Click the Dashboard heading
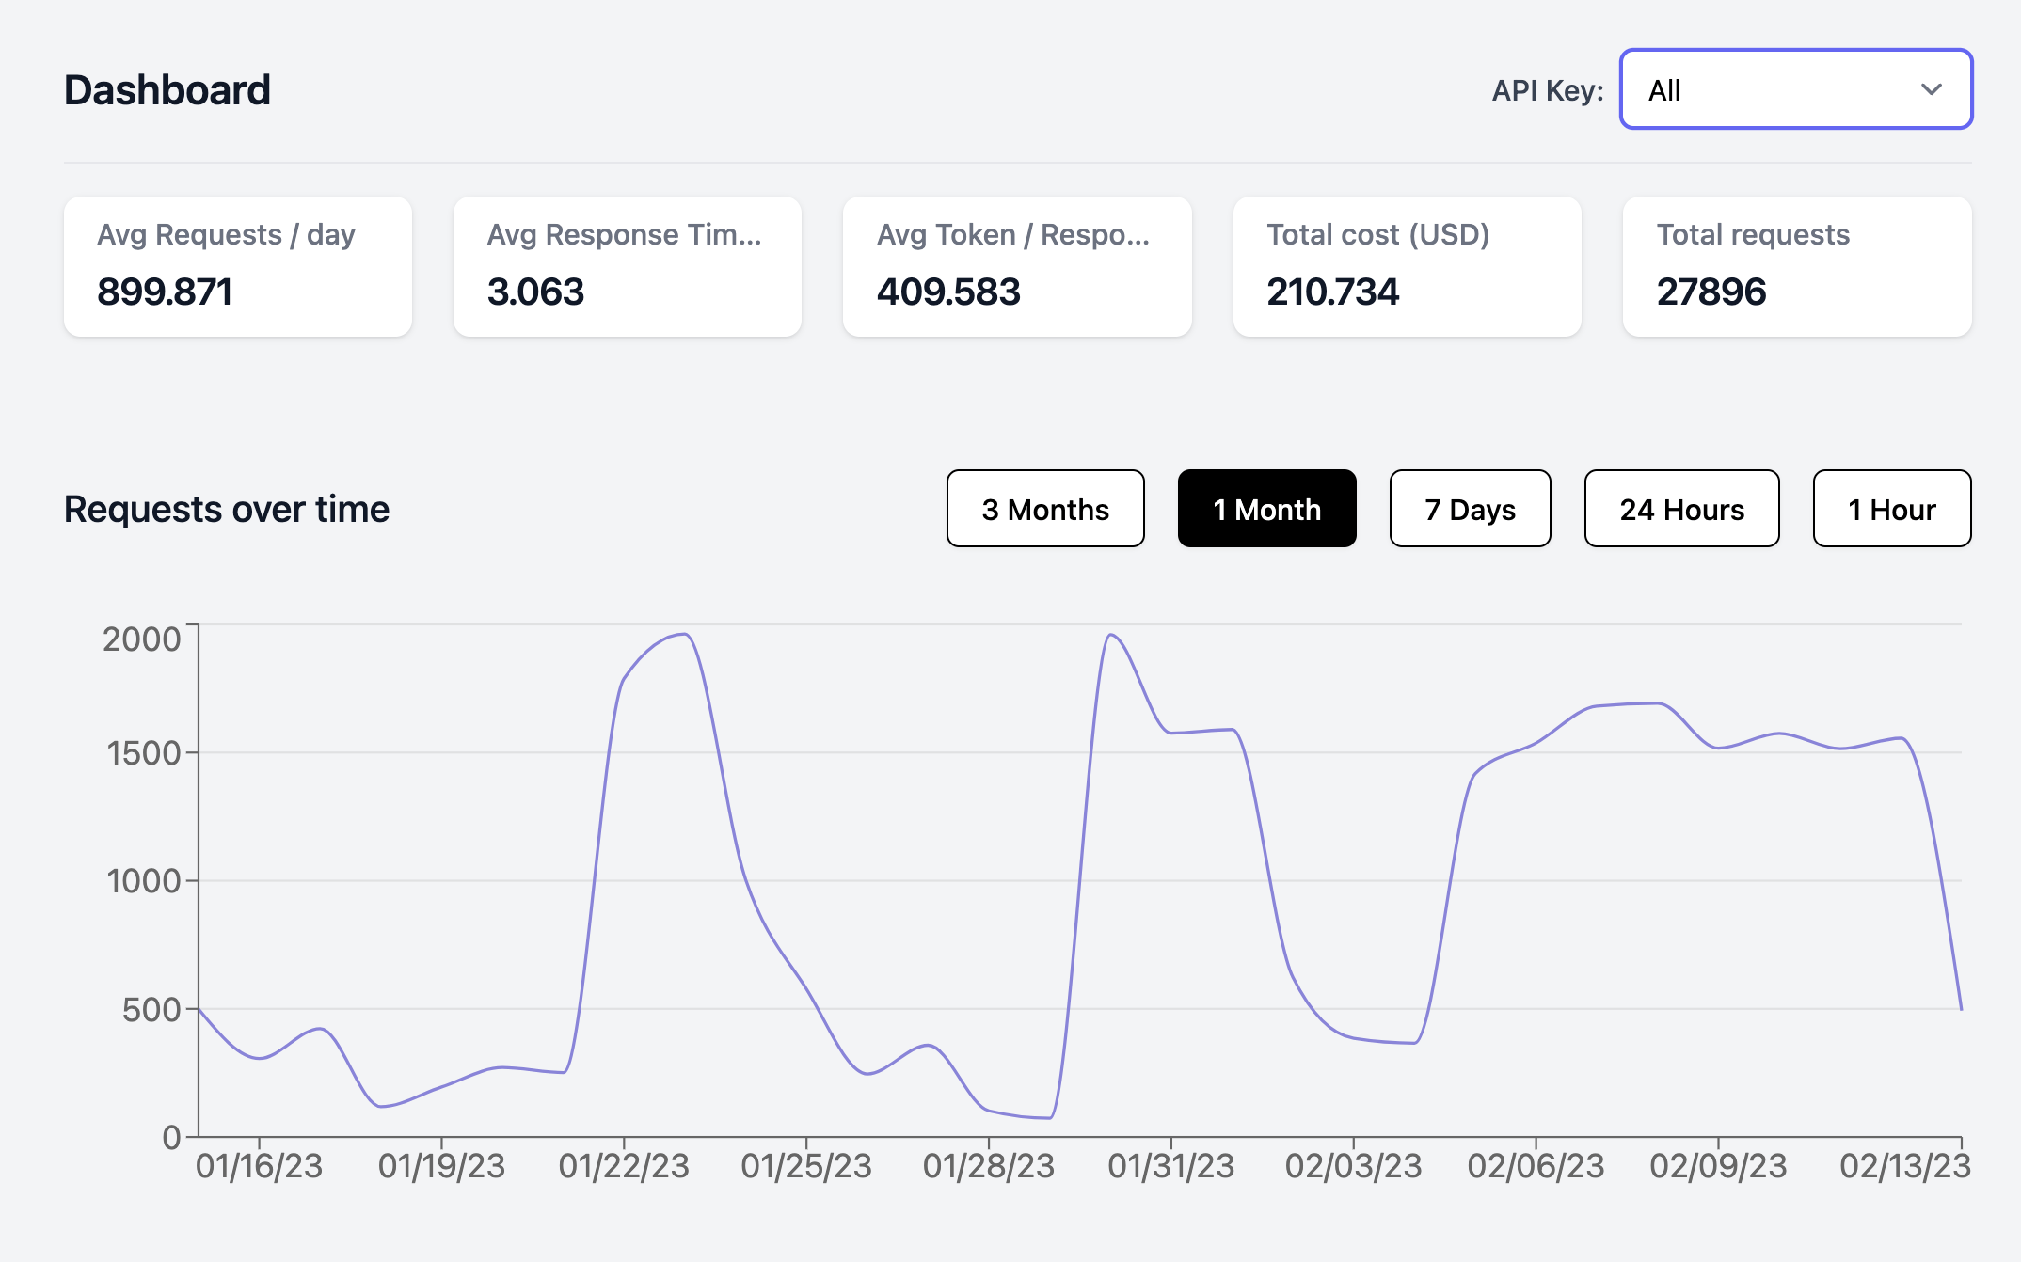pos(167,90)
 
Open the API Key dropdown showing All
pos(1794,89)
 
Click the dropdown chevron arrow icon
pos(1931,90)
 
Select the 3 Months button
pos(1044,509)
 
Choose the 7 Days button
pos(1469,509)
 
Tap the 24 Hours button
pos(1680,509)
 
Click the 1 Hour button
pos(1890,509)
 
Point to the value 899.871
pos(165,292)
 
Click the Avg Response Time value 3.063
pos(535,292)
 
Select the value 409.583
pos(947,292)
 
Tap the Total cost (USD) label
pos(1377,234)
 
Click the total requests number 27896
pos(1711,292)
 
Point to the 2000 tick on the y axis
pos(141,639)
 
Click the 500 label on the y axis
pos(151,1010)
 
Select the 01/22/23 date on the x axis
pos(623,1166)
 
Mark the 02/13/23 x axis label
pos(1903,1166)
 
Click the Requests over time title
pos(227,509)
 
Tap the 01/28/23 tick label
pos(988,1166)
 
